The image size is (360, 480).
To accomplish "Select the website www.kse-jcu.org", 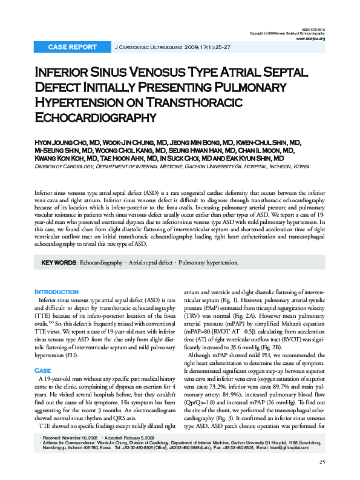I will [310, 38].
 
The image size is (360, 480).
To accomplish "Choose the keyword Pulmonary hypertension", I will [209, 263].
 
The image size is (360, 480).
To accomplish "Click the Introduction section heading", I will [57, 292].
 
